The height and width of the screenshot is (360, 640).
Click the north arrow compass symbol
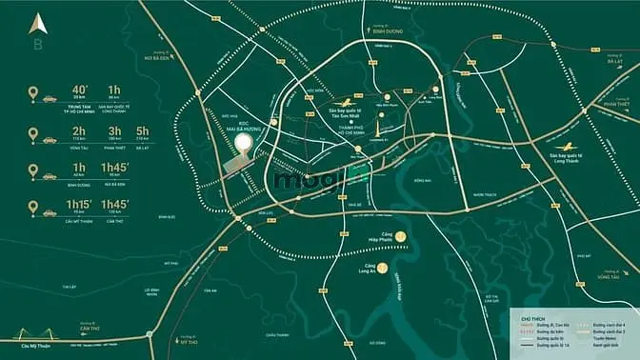pos(37,23)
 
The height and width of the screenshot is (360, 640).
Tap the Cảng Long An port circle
pos(380,268)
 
